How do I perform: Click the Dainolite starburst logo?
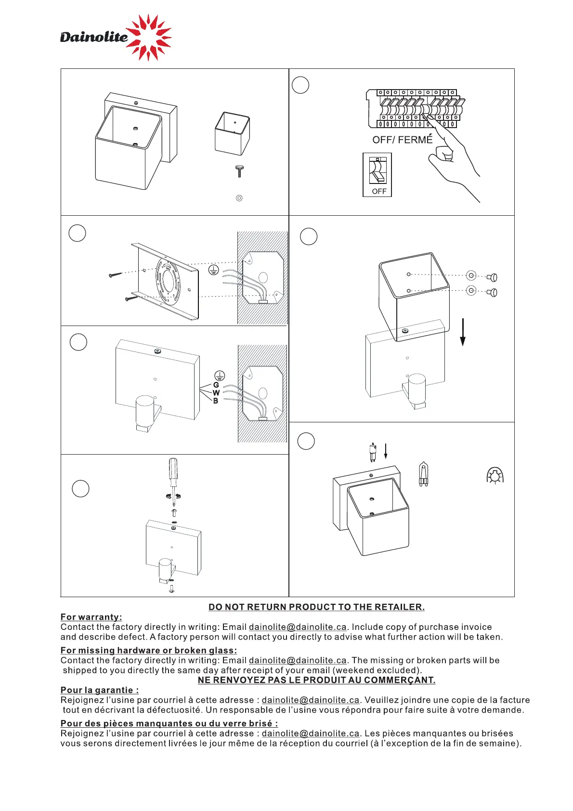click(148, 37)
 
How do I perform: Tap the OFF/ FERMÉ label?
click(402, 140)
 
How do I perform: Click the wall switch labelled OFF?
click(378, 174)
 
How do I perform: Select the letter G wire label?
click(216, 385)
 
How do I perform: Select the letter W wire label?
click(216, 393)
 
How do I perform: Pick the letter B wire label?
click(216, 401)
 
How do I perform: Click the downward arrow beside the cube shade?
click(463, 332)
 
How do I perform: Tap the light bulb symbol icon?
click(495, 475)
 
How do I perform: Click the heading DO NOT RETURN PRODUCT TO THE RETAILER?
click(316, 607)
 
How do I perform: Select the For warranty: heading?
click(91, 617)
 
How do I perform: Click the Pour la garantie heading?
click(100, 690)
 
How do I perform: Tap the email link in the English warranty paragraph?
click(298, 627)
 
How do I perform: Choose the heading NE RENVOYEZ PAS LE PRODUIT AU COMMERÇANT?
click(316, 680)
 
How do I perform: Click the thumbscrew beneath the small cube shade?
click(239, 170)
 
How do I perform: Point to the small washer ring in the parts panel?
click(239, 198)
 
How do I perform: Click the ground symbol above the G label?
click(220, 376)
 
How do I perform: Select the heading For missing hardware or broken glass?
click(149, 651)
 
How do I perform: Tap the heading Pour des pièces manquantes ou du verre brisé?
click(169, 723)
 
